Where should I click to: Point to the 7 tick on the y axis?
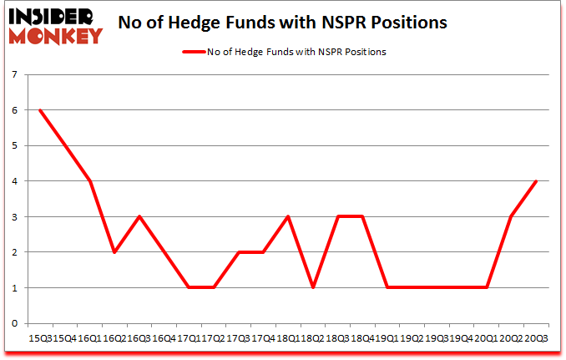15,75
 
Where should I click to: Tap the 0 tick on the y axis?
15,323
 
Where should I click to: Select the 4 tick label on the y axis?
15,181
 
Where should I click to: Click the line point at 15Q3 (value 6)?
39,110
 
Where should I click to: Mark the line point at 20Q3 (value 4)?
535,181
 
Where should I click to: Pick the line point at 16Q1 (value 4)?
88,181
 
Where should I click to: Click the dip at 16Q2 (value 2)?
114,252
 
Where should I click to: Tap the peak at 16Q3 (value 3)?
139,216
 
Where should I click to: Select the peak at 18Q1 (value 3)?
287,216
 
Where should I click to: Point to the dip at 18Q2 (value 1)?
312,287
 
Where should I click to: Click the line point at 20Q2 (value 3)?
510,216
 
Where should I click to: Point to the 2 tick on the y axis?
15,252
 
